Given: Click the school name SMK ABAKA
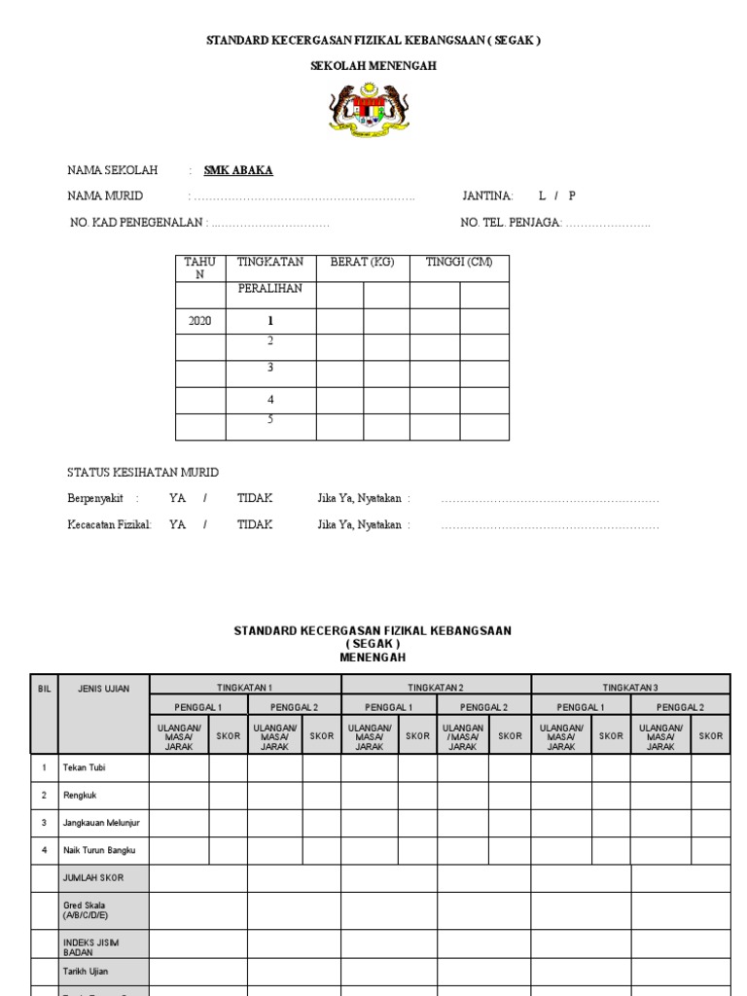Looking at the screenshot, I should click(238, 170).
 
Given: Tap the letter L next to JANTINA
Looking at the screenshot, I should click(542, 196).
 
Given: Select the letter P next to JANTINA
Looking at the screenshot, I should click(572, 196).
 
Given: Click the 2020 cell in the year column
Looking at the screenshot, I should click(199, 321).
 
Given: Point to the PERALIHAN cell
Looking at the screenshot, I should click(270, 289).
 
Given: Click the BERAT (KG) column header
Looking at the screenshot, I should click(363, 263).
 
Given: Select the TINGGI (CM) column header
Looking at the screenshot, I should click(459, 263).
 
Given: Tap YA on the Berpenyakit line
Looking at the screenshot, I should click(177, 498).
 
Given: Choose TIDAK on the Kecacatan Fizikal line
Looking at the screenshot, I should click(255, 524).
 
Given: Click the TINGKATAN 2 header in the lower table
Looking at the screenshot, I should click(436, 687).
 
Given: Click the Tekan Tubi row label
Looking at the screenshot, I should click(85, 767).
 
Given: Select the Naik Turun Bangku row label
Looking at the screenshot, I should click(98, 849).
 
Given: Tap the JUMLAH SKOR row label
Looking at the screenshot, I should click(93, 877).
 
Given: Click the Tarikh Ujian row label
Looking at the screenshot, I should click(88, 971).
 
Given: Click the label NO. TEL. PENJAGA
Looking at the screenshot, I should click(511, 223).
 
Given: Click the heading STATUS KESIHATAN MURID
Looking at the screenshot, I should click(143, 473).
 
